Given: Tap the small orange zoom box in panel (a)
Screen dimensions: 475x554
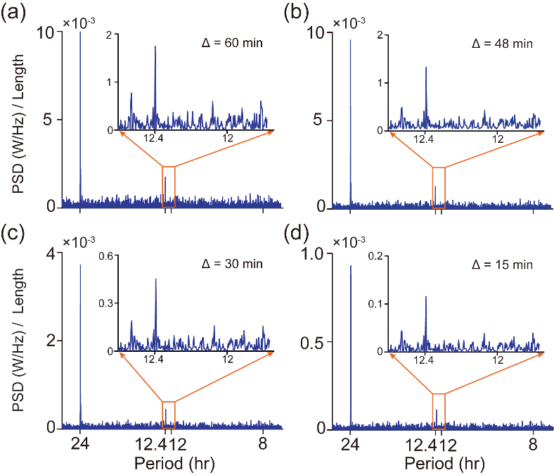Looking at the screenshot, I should coord(168,186).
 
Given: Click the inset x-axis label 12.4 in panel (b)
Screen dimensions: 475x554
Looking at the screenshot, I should coord(424,139).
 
